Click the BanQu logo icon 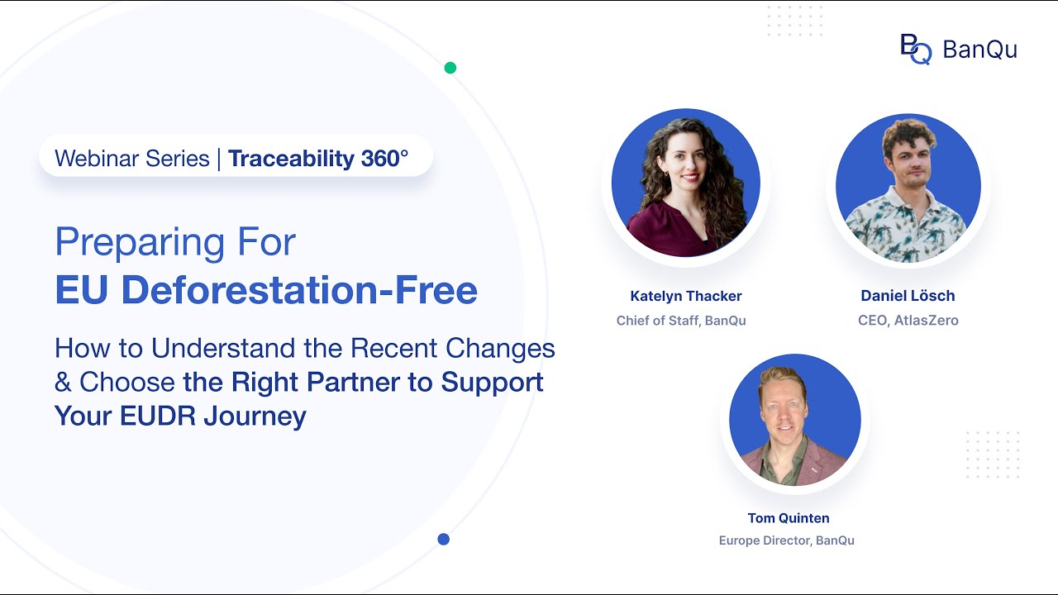(915, 49)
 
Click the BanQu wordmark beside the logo (979, 50)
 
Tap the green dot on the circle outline (450, 68)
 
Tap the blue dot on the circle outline (444, 540)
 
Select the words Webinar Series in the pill (132, 159)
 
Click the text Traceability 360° (318, 159)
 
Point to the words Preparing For (175, 242)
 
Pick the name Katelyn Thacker (686, 296)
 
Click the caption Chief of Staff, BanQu (681, 321)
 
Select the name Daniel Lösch (908, 296)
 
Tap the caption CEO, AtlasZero (908, 321)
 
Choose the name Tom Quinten (789, 518)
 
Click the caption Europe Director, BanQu (787, 540)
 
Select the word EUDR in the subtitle (160, 416)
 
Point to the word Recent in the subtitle (393, 349)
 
